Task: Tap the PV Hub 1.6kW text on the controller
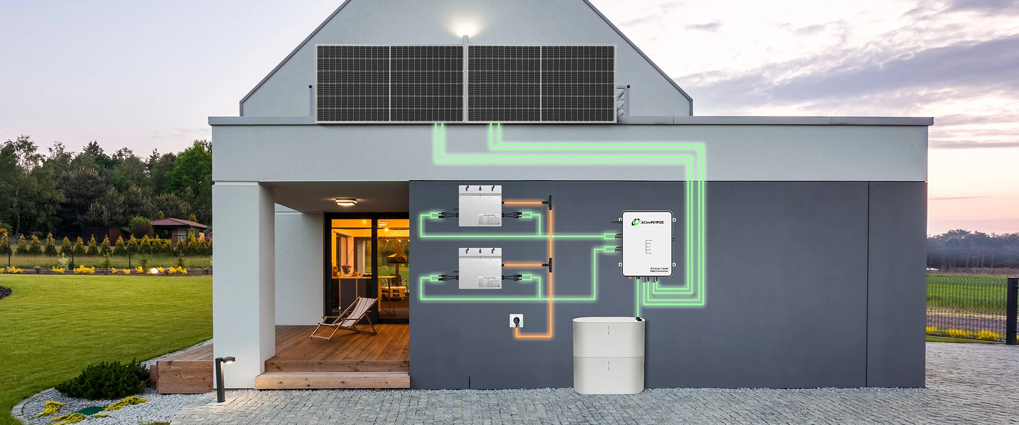point(659,269)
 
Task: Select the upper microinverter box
point(480,206)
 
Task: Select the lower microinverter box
point(480,268)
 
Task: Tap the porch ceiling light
point(346,202)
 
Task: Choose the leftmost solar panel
point(353,83)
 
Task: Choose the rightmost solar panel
point(578,83)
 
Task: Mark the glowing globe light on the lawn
point(154,270)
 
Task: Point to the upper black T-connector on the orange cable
point(550,202)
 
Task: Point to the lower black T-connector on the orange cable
point(550,265)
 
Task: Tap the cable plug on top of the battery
point(638,318)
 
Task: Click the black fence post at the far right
point(1012,311)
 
